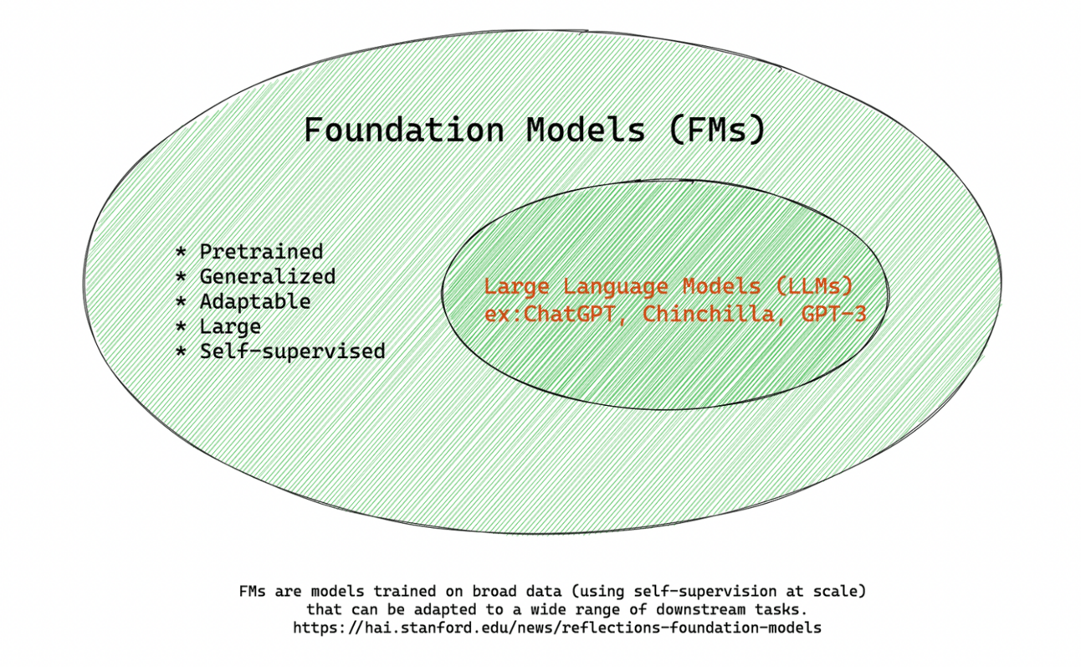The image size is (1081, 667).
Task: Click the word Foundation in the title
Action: point(403,131)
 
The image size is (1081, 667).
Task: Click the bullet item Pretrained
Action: point(261,251)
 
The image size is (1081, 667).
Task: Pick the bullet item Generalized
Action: point(267,276)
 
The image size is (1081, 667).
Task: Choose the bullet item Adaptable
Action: point(254,301)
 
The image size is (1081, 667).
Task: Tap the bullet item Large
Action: point(230,326)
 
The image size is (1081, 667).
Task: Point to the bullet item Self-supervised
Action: point(292,351)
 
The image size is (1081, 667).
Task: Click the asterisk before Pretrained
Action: point(181,252)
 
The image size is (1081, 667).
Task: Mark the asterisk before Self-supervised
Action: point(181,352)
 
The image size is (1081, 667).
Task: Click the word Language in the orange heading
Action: point(615,286)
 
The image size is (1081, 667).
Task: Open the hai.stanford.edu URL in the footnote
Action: point(557,627)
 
